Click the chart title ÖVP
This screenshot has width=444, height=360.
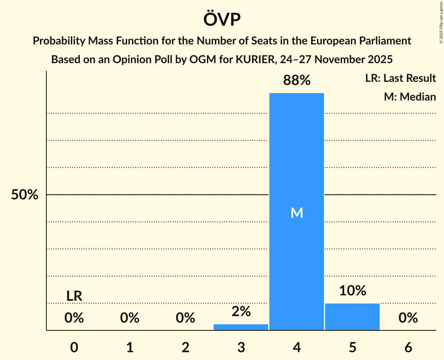[x=222, y=19]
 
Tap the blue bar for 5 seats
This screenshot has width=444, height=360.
[x=352, y=316]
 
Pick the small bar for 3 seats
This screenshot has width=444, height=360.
[x=241, y=327]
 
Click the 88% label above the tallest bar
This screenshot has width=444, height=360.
[x=297, y=81]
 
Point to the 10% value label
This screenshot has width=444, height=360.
[x=352, y=291]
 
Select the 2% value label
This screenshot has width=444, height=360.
[x=241, y=311]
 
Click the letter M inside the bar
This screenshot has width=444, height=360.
[x=297, y=213]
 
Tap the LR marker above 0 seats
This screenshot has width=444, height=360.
[x=74, y=296]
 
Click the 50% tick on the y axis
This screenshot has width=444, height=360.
[x=25, y=195]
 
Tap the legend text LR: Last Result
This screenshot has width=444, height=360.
[x=400, y=78]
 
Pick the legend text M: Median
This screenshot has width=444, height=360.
[x=410, y=97]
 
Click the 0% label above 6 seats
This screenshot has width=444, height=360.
[x=408, y=318]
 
